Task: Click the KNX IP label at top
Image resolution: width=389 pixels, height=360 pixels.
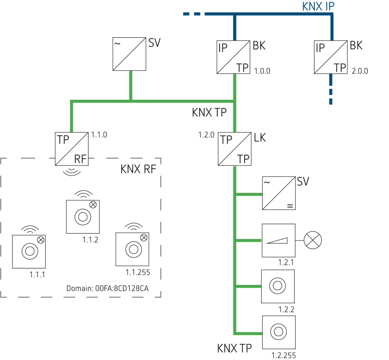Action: [x=318, y=6]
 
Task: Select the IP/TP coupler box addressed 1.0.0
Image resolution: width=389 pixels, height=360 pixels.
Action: [x=233, y=57]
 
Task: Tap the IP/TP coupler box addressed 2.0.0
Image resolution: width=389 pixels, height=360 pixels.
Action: [x=331, y=57]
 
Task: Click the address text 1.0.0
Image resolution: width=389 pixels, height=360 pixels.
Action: [x=262, y=71]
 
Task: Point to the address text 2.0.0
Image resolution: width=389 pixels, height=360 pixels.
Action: [x=360, y=71]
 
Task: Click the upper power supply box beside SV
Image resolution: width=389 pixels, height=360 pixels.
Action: [x=129, y=54]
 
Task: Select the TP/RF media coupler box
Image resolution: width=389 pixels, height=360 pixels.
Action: [x=72, y=149]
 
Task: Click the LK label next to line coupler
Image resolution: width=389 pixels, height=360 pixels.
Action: [x=260, y=138]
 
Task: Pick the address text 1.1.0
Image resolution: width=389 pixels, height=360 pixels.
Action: [x=99, y=135]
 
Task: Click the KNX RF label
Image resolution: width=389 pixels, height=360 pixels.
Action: [x=138, y=169]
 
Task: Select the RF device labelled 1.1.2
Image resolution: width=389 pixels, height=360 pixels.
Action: [x=83, y=217]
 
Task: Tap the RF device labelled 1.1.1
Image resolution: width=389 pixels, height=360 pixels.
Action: [x=29, y=252]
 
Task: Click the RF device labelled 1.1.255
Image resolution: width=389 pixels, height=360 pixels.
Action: [x=132, y=249]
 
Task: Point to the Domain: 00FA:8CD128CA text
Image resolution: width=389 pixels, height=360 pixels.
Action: [x=107, y=288]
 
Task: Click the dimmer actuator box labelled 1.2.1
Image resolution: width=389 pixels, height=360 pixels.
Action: [x=278, y=240]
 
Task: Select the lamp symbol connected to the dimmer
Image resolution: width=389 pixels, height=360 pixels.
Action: [x=313, y=240]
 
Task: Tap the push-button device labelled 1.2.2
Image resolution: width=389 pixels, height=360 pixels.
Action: [x=278, y=286]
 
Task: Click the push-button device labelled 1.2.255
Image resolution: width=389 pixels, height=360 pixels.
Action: [x=278, y=332]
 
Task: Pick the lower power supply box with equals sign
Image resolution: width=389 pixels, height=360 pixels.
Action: [x=278, y=193]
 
